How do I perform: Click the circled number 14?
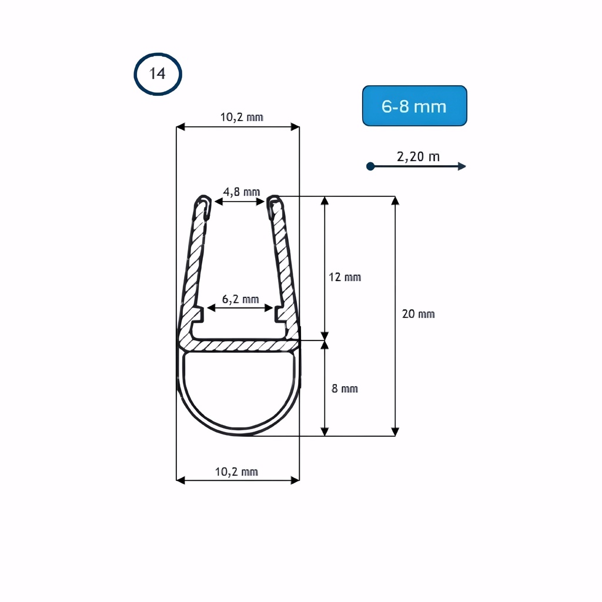158,74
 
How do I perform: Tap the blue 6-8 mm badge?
414,106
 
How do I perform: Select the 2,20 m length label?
418,156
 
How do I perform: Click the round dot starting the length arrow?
370,166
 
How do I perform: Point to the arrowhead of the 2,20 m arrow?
462,166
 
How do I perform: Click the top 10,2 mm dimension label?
242,117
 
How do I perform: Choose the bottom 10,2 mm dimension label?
236,471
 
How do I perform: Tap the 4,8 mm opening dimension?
242,191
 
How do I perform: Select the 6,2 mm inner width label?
240,299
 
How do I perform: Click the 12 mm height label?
345,277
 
